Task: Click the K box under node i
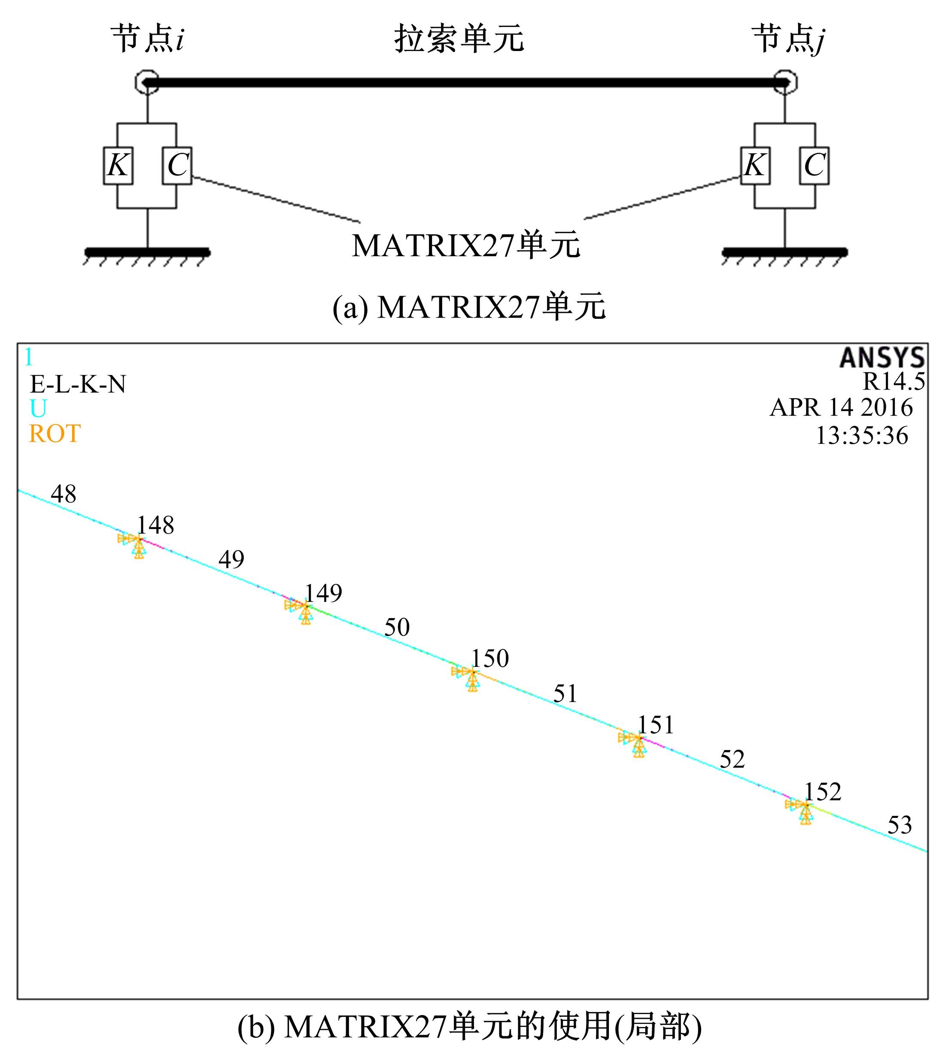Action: (x=118, y=166)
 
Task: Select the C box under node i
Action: (x=177, y=166)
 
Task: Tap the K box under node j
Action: (x=755, y=166)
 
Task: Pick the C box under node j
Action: (x=814, y=166)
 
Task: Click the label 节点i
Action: (x=148, y=38)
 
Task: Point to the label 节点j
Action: (x=789, y=39)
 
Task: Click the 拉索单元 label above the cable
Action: (x=459, y=38)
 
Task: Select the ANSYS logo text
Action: (x=882, y=357)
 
